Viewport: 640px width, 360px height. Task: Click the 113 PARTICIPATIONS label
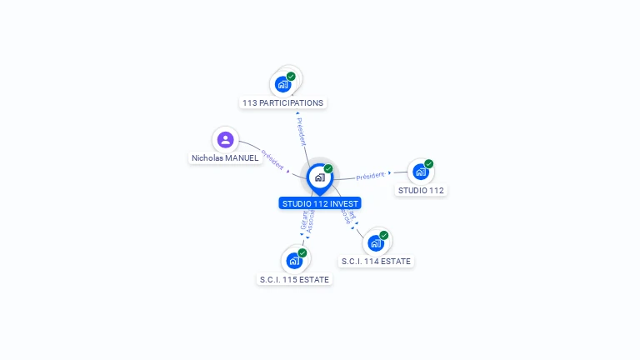pyautogui.click(x=282, y=102)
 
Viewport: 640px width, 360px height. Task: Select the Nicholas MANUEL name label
pyautogui.click(x=225, y=157)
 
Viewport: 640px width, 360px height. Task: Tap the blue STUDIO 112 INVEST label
pyautogui.click(x=320, y=203)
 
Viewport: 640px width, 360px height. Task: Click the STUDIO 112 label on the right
pyautogui.click(x=421, y=190)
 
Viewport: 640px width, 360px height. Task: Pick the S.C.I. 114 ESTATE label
pyautogui.click(x=376, y=261)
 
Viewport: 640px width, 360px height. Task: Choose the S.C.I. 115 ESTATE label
pyautogui.click(x=294, y=279)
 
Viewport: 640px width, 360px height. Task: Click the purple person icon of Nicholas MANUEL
pyautogui.click(x=225, y=139)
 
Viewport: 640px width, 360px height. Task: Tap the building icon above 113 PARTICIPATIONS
pyautogui.click(x=282, y=84)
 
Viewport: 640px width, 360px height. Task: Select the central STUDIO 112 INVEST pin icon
pyautogui.click(x=319, y=177)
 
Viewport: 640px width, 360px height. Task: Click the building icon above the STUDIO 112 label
pyautogui.click(x=421, y=172)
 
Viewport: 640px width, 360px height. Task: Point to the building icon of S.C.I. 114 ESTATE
pyautogui.click(x=375, y=242)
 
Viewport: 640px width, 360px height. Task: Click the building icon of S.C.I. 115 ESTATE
pyautogui.click(x=293, y=260)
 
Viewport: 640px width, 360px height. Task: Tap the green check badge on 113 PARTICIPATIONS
pyautogui.click(x=291, y=77)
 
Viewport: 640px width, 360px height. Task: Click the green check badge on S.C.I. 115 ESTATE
pyautogui.click(x=302, y=252)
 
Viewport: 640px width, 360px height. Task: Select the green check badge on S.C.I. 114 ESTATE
pyautogui.click(x=383, y=235)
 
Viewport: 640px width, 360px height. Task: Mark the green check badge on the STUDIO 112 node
pyautogui.click(x=429, y=164)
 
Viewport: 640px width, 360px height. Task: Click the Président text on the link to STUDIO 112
pyautogui.click(x=370, y=176)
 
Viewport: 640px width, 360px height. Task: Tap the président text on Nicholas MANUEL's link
pyautogui.click(x=272, y=159)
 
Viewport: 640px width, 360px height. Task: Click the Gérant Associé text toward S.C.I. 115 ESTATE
pyautogui.click(x=307, y=220)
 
